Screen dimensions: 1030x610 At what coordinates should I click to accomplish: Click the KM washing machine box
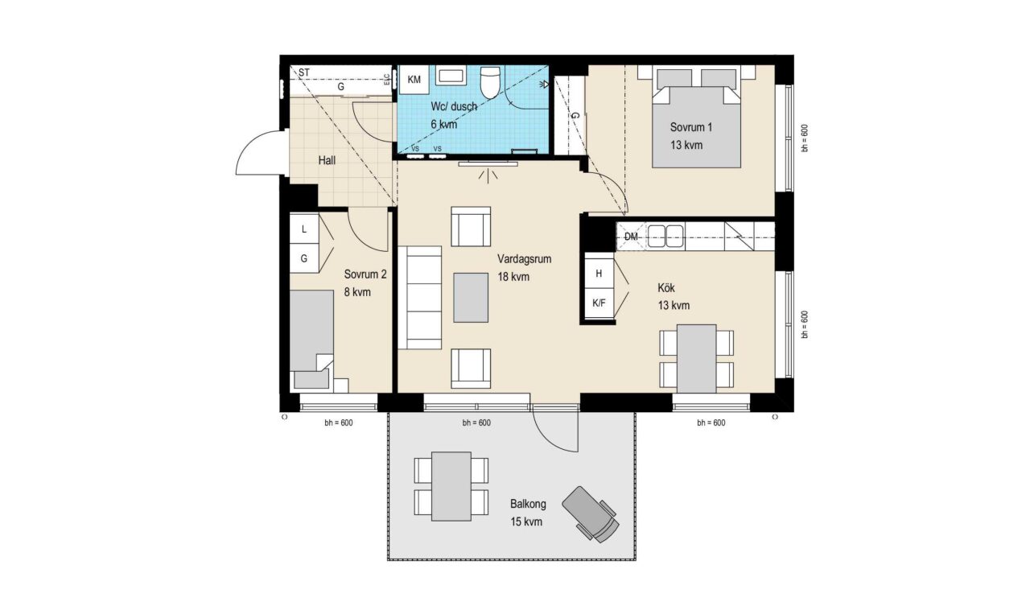414,80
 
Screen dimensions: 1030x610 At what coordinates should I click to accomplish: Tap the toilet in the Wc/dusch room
490,82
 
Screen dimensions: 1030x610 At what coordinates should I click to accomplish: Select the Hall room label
327,161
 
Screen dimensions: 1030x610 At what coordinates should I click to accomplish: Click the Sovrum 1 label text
690,127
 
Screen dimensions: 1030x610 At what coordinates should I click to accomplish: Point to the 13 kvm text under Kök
674,306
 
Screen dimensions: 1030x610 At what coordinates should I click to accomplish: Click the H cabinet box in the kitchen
599,274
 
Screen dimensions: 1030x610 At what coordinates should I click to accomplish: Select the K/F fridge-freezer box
599,303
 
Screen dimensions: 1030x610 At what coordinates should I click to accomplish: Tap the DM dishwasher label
631,237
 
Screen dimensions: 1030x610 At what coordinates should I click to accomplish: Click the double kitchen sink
665,236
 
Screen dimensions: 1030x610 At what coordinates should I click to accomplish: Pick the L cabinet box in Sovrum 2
304,229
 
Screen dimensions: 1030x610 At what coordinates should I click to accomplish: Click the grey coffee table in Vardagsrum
471,298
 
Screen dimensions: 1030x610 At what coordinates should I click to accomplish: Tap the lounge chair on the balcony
591,514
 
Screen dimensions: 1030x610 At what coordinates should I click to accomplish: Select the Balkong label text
528,505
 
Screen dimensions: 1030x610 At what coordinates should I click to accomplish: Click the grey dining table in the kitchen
697,359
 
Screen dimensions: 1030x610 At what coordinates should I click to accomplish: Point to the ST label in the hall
304,72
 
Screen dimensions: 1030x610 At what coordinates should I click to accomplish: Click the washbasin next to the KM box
451,76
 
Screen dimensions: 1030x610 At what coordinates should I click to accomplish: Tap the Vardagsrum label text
524,259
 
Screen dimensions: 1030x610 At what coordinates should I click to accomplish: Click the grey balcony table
451,487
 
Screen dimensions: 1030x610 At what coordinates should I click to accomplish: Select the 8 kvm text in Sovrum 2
357,292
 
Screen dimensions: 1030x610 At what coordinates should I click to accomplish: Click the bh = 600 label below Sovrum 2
339,422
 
